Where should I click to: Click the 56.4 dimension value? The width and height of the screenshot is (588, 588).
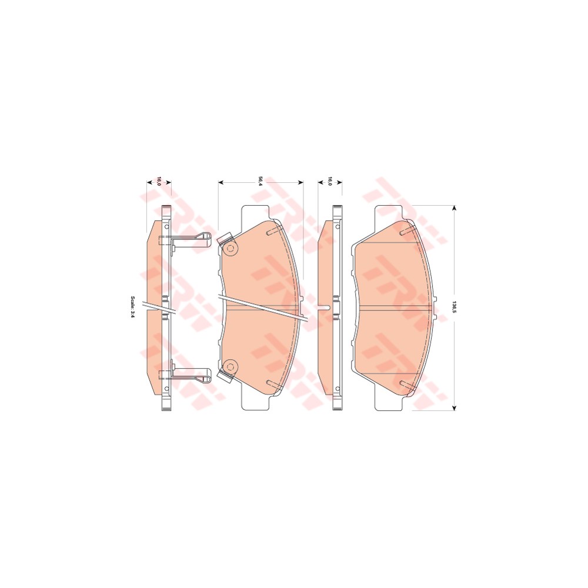(260, 182)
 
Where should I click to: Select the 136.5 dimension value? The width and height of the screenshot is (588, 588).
(454, 307)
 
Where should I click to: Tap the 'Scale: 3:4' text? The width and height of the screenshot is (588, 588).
(133, 307)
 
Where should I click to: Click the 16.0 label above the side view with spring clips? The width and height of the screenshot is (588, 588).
(158, 182)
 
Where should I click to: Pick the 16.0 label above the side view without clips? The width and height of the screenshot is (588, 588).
(330, 182)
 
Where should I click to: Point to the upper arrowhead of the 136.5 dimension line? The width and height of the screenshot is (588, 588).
(454, 208)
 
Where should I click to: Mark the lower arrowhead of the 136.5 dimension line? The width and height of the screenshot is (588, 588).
(454, 407)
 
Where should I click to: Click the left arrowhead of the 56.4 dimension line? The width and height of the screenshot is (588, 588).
(220, 182)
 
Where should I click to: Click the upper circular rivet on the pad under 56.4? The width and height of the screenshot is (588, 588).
(230, 249)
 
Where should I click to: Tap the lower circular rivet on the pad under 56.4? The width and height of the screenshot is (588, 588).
(230, 366)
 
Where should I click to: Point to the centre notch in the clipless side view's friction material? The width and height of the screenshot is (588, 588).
(324, 307)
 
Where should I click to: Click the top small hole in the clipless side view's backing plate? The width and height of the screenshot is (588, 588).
(338, 226)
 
